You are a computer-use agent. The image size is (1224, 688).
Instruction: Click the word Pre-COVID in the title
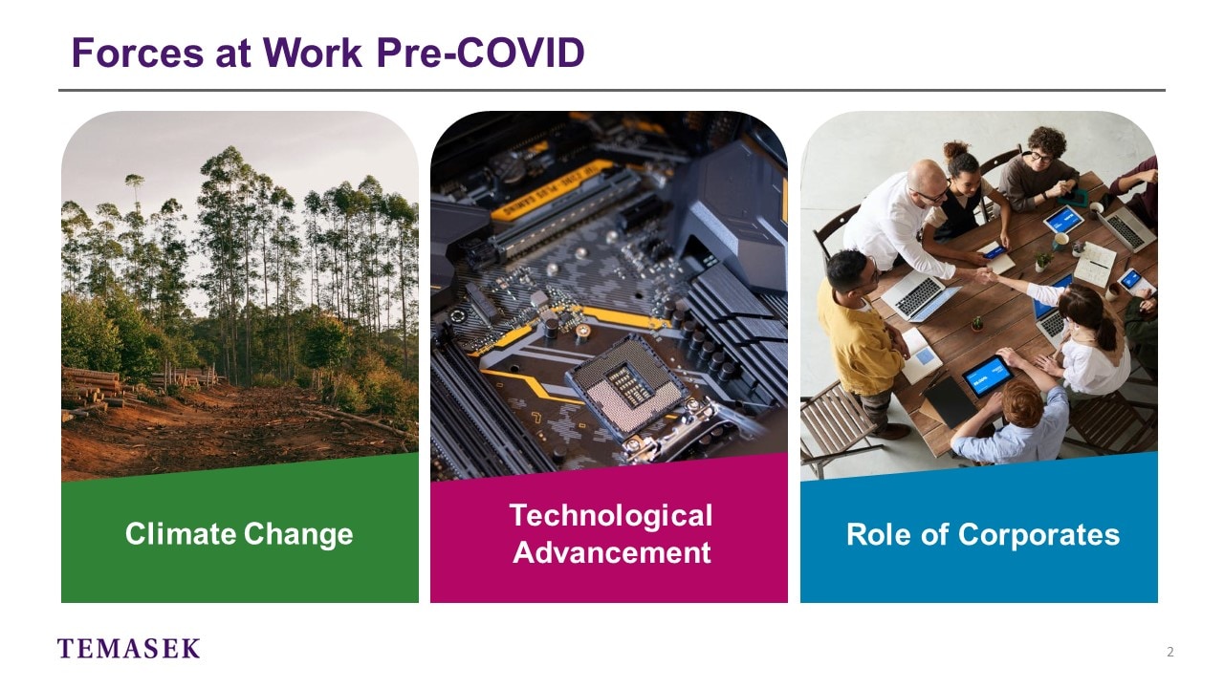pyautogui.click(x=481, y=53)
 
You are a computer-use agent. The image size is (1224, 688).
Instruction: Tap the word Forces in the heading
pyautogui.click(x=138, y=53)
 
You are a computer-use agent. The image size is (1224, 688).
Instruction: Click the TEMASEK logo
pyautogui.click(x=128, y=648)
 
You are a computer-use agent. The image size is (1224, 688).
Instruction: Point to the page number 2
pyautogui.click(x=1169, y=652)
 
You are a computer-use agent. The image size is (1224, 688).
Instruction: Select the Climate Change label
pyautogui.click(x=239, y=533)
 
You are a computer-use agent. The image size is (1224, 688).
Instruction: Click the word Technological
pyautogui.click(x=611, y=515)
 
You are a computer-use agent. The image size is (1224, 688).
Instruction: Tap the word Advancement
pyautogui.click(x=611, y=552)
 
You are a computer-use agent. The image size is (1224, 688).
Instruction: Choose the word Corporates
pyautogui.click(x=1038, y=534)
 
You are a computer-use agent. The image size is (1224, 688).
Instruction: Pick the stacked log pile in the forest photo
pyautogui.click(x=93, y=389)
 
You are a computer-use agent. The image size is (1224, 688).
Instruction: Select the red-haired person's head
pyautogui.click(x=1022, y=403)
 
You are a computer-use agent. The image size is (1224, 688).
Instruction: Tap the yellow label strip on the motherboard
pyautogui.click(x=552, y=189)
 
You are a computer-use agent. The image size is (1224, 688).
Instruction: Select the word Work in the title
pyautogui.click(x=313, y=53)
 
